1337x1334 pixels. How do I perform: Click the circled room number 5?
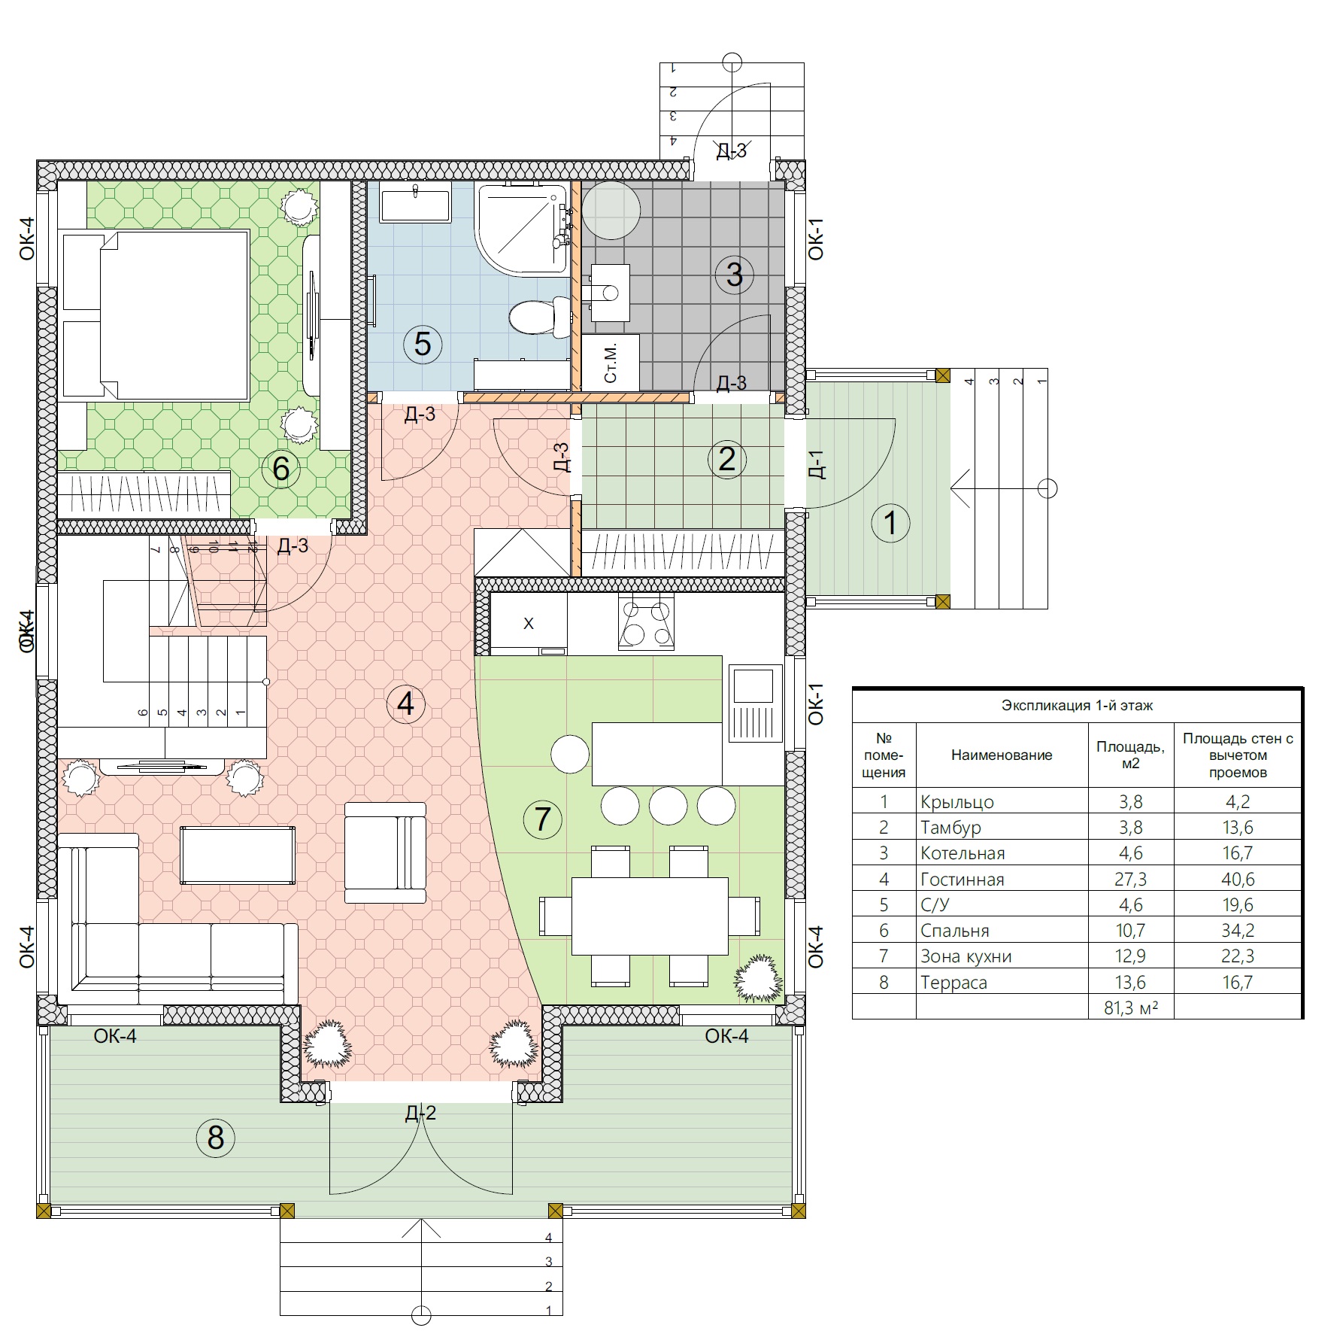click(423, 344)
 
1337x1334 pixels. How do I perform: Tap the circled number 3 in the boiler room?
click(734, 274)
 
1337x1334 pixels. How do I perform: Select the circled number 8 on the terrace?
click(216, 1138)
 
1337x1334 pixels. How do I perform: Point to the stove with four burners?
click(646, 622)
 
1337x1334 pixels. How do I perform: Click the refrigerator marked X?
click(529, 624)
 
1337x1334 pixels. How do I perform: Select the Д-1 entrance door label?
click(817, 464)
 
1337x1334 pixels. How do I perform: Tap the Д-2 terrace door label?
click(420, 1113)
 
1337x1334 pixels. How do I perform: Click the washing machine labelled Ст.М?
click(611, 362)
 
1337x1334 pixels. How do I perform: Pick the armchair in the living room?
click(385, 852)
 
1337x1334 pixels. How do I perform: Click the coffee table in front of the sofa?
click(238, 855)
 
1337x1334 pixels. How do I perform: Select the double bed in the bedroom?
click(156, 315)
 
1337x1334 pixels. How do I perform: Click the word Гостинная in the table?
click(962, 879)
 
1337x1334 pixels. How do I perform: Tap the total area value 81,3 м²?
click(1130, 1007)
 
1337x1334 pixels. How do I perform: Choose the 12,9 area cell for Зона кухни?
click(1130, 956)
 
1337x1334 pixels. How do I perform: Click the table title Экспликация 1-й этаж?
click(1077, 706)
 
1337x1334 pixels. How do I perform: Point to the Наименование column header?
click(1002, 755)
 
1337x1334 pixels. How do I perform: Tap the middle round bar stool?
click(668, 806)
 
